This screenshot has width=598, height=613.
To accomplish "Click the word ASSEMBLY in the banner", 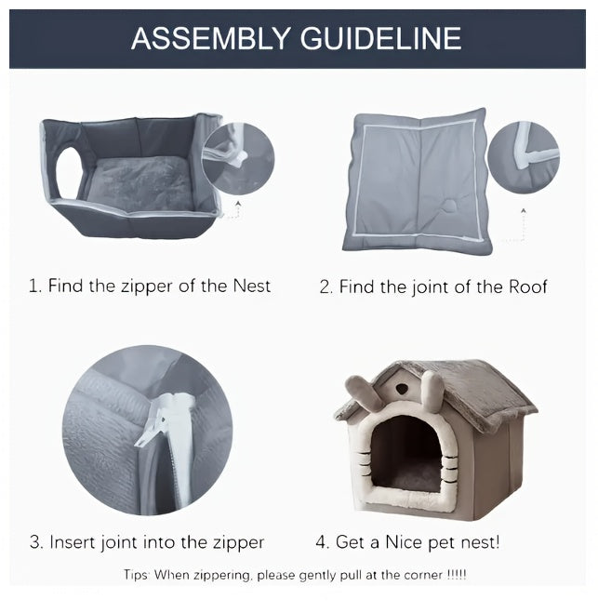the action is [210, 38].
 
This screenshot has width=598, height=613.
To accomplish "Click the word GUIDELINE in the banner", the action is [381, 38].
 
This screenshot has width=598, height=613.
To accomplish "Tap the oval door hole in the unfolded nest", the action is [70, 171].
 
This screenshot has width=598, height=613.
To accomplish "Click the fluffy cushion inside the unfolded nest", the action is [140, 182].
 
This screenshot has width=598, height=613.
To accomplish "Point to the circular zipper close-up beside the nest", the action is [238, 158].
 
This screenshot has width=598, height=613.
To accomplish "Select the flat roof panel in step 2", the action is [418, 180].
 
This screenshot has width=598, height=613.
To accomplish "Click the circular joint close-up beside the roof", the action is [524, 157].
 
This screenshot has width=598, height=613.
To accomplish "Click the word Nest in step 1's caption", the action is [251, 286].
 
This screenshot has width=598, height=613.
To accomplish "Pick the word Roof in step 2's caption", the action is [527, 287].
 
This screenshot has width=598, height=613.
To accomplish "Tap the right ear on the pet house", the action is [433, 390].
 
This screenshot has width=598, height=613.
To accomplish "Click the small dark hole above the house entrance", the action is [401, 388].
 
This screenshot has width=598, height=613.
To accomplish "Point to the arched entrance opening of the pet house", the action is [406, 454].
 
